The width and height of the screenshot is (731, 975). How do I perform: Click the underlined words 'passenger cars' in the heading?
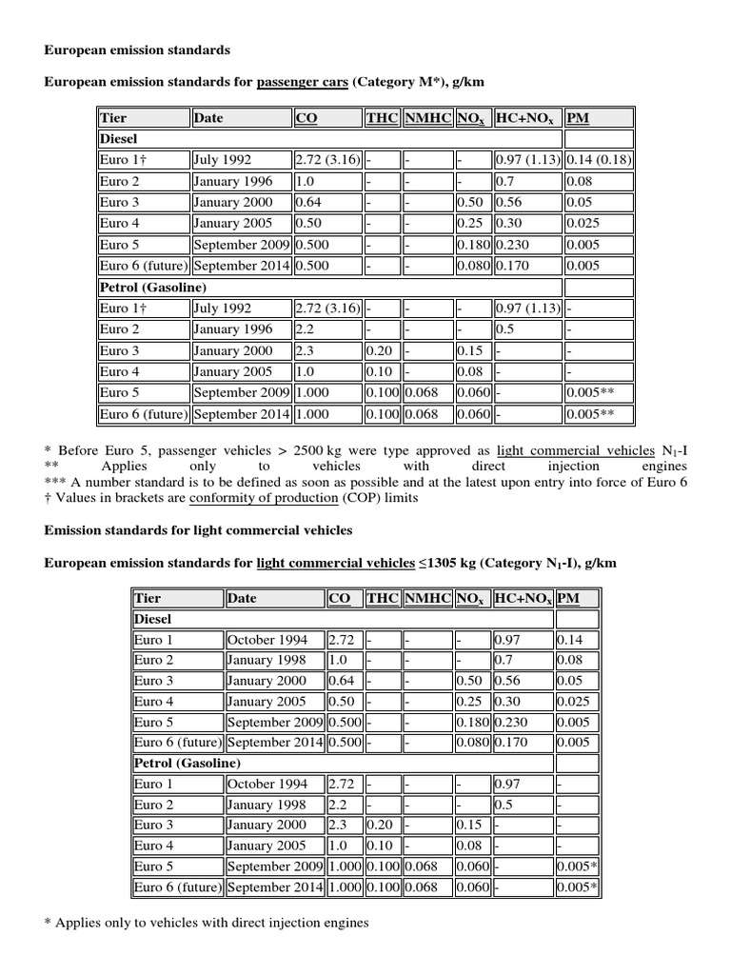pyautogui.click(x=302, y=82)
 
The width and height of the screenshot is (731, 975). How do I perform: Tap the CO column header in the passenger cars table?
pyautogui.click(x=306, y=118)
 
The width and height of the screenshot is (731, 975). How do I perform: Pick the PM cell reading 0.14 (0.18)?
pyautogui.click(x=599, y=160)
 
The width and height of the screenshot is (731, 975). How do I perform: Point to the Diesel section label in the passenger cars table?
pyautogui.click(x=119, y=139)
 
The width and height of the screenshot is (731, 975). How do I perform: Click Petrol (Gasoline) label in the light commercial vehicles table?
pyautogui.click(x=188, y=763)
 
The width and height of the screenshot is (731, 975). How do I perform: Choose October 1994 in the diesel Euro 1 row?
pyautogui.click(x=267, y=640)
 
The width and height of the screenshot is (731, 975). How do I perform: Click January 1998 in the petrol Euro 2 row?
pyautogui.click(x=267, y=805)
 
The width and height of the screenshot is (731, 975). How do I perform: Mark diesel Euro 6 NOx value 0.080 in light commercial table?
pyautogui.click(x=472, y=743)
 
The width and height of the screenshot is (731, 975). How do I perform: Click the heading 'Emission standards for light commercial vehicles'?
pyautogui.click(x=198, y=529)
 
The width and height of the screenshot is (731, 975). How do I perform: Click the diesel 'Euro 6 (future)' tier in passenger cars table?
pyautogui.click(x=143, y=266)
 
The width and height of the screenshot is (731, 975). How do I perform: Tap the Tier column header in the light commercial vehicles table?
pyautogui.click(x=148, y=598)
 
